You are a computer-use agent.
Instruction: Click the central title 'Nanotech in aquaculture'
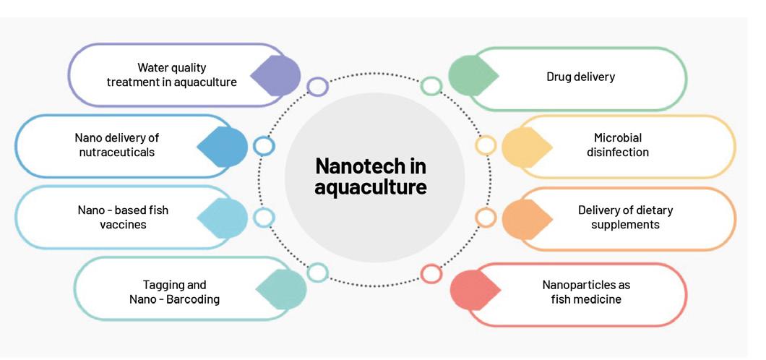click(x=371, y=177)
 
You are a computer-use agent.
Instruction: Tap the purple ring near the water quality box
click(x=317, y=87)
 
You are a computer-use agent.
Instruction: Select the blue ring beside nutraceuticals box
click(x=264, y=146)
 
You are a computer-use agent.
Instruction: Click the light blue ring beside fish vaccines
click(x=264, y=217)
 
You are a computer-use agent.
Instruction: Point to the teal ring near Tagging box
click(x=317, y=273)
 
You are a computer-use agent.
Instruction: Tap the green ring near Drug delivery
click(x=431, y=87)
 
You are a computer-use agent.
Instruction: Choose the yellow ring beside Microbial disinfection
click(x=485, y=145)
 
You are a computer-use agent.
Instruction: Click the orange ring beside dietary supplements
click(x=486, y=218)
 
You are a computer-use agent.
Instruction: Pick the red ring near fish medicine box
click(x=431, y=273)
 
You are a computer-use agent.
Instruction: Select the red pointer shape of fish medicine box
click(x=473, y=290)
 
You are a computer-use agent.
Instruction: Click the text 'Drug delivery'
click(x=580, y=77)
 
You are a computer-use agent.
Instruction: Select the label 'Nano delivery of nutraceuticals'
click(x=116, y=145)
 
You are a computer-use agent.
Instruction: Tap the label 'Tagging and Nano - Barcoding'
click(x=174, y=292)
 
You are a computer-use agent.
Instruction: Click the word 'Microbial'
click(x=618, y=137)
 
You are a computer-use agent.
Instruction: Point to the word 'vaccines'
click(x=123, y=225)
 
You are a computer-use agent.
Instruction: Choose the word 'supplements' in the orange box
click(x=625, y=225)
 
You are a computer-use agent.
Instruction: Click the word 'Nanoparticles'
click(x=586, y=285)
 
